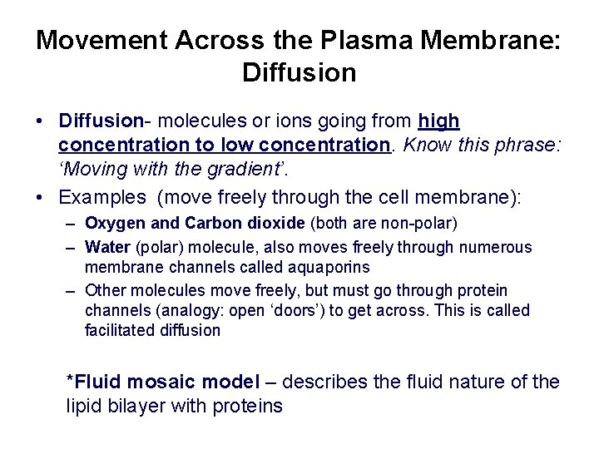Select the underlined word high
click(439, 121)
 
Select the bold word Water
click(106, 247)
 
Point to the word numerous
click(498, 247)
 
